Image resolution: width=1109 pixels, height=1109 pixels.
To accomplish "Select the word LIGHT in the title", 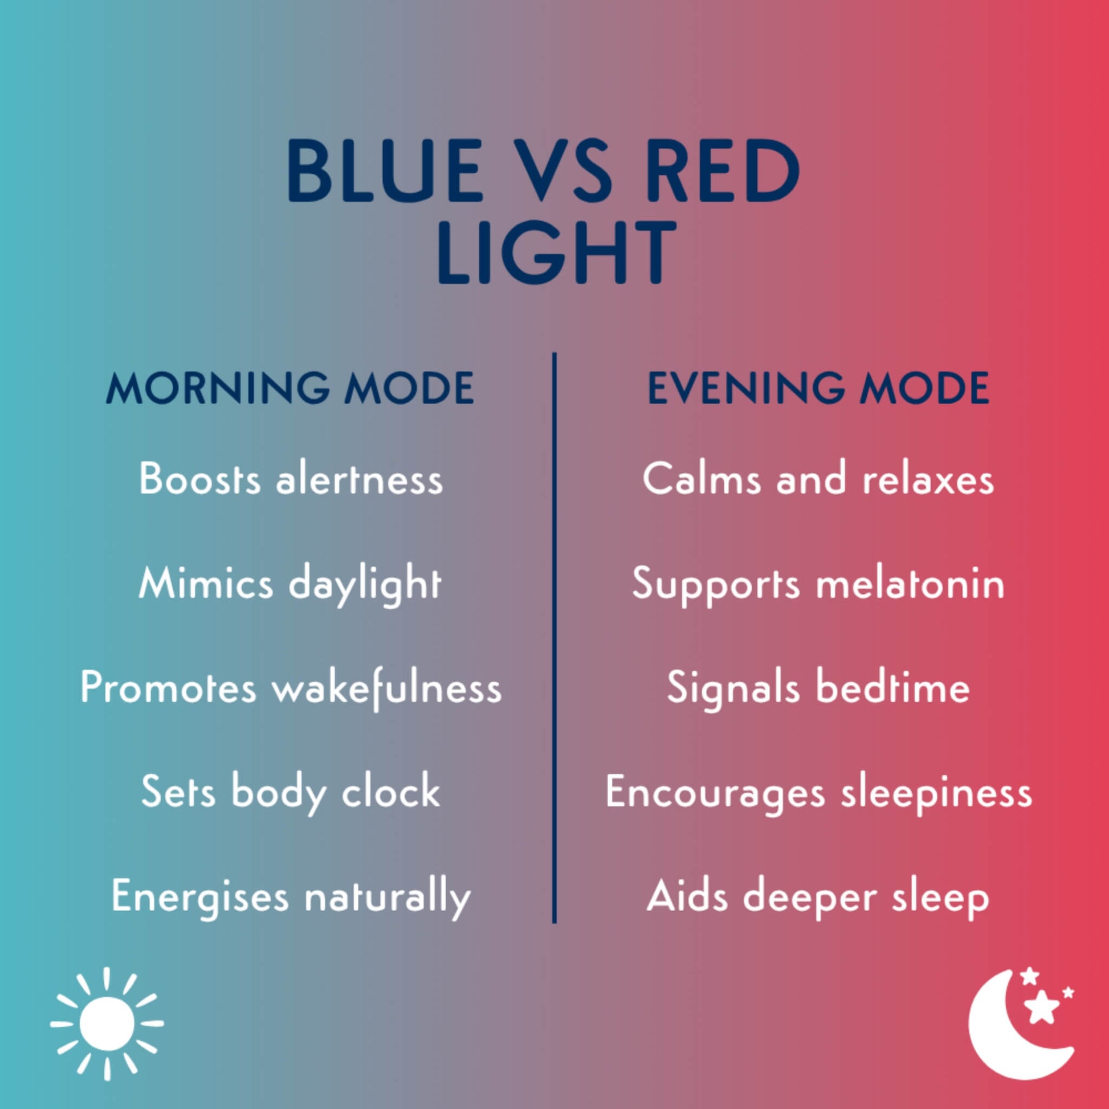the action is point(557,253).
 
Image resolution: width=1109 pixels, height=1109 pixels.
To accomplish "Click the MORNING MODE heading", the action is point(290,389).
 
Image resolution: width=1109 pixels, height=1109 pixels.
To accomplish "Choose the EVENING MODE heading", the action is point(818,389).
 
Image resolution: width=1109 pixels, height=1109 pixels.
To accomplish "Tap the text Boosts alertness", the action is point(291,478).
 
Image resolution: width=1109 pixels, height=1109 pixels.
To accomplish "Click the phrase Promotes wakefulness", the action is point(291,688).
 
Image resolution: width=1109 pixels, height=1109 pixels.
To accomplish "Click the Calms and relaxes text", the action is point(818,478).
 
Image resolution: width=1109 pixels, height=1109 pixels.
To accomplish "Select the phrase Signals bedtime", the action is point(818,688).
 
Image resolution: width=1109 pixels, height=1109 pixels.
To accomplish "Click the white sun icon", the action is point(107,1024).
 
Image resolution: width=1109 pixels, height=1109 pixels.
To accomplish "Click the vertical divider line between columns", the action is point(554,638).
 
